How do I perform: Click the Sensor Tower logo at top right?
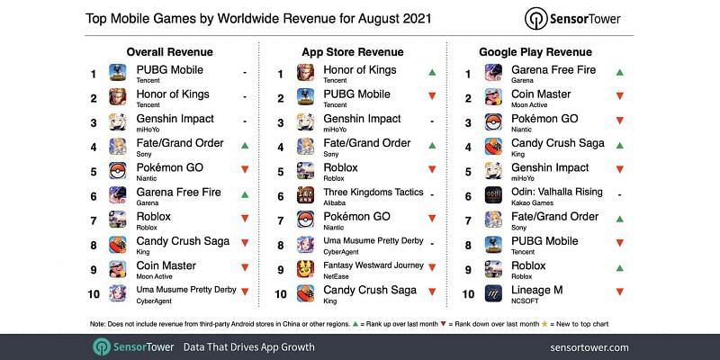pos(572,19)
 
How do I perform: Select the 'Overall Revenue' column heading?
pos(170,52)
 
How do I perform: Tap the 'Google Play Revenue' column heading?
pos(535,52)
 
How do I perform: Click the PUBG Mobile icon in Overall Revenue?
pos(118,73)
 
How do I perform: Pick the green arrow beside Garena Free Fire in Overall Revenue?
pos(245,194)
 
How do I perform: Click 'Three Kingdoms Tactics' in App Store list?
pos(373,192)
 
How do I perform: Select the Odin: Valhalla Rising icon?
pos(493,195)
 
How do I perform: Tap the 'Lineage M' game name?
pos(536,290)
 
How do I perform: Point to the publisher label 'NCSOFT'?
pos(525,301)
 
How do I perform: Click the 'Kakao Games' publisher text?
pos(532,203)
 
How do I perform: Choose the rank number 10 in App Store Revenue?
pos(281,294)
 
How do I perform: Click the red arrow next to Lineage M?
pos(620,292)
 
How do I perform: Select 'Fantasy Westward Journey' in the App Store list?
pos(373,265)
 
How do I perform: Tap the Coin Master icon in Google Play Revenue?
pos(493,97)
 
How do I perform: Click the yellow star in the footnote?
pos(544,324)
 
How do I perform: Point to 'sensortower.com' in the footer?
pos(589,347)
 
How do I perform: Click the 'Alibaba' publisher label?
pos(334,203)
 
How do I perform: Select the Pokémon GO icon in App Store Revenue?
pos(305,220)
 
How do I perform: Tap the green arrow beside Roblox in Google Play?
pos(620,267)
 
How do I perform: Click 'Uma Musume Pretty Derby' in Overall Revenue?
pos(186,290)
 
